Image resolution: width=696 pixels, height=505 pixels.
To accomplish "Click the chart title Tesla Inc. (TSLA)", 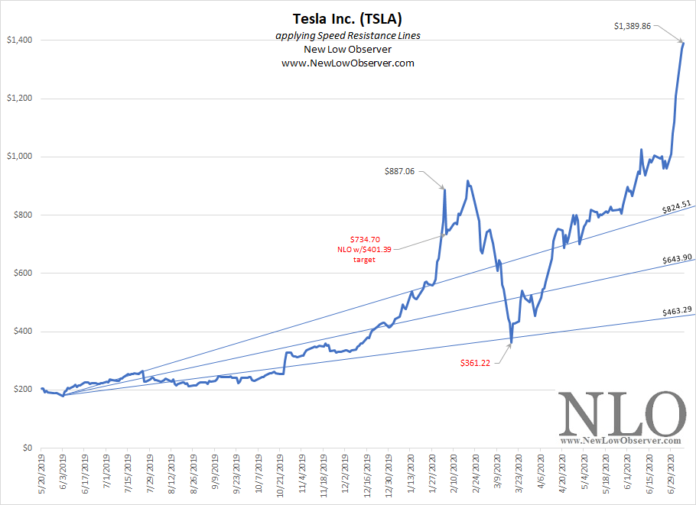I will (347, 18).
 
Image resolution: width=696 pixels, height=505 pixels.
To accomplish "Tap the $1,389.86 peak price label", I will (633, 26).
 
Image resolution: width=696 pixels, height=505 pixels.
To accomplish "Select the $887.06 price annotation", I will (399, 172).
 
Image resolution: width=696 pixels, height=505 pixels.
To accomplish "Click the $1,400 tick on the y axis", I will (20, 40).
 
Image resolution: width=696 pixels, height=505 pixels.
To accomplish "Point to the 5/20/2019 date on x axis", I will (41, 477).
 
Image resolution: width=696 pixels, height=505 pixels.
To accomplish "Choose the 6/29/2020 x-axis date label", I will (671, 477).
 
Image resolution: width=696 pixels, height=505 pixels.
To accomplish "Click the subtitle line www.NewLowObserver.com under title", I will (347, 63).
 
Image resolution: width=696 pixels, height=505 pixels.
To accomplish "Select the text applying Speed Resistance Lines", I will (347, 37).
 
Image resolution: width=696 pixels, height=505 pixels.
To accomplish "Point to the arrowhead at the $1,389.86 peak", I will (681, 42).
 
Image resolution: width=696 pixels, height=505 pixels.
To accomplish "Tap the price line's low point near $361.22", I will (510, 343).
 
